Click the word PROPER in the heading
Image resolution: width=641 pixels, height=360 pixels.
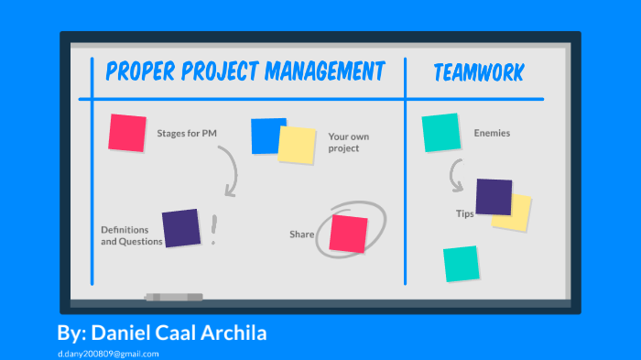[x=136, y=71]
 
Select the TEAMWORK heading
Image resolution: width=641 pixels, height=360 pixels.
[x=479, y=72]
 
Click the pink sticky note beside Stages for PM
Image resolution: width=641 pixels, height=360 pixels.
[x=127, y=133]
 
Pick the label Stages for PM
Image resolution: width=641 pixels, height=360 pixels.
[x=187, y=134]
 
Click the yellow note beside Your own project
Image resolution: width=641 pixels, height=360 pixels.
[x=297, y=145]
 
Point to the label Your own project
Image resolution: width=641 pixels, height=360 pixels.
[x=348, y=142]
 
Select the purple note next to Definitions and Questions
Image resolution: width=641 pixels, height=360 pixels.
[x=180, y=228]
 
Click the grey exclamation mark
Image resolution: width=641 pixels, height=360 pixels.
[x=213, y=230]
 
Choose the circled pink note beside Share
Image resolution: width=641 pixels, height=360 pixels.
[x=349, y=233]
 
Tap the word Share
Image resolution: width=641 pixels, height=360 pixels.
[x=302, y=235]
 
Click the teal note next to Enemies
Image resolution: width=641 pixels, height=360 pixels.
[x=440, y=132]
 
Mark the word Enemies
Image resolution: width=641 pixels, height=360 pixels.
[x=492, y=134]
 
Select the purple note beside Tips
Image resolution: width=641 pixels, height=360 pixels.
[x=494, y=197]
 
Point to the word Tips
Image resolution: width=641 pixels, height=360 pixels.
[x=464, y=213]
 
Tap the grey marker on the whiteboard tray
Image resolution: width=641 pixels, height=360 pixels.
[x=174, y=297]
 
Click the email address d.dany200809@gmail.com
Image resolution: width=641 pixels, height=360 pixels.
[x=107, y=353]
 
